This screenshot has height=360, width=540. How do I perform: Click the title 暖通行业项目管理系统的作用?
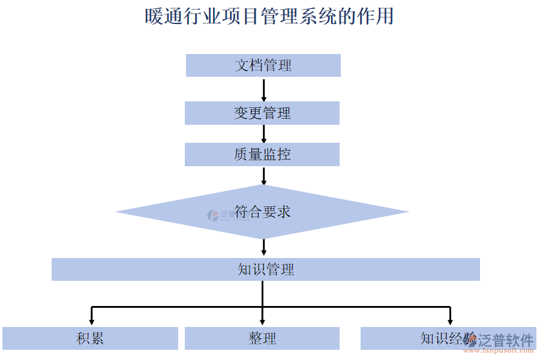269,16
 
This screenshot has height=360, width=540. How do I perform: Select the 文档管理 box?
263,65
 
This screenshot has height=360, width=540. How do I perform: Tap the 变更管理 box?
262,113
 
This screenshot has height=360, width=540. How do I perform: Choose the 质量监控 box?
262,154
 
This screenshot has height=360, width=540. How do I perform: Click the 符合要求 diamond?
262,212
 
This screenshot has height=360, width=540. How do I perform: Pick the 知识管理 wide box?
265,269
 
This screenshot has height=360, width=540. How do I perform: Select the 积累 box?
90,338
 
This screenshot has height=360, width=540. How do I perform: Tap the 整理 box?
262,338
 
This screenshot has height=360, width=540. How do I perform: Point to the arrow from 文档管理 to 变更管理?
263,89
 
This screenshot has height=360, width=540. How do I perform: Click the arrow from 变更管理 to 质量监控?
263,134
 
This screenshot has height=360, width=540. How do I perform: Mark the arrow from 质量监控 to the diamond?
263,175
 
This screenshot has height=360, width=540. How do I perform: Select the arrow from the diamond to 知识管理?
263,247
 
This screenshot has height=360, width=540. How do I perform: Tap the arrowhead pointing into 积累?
92,321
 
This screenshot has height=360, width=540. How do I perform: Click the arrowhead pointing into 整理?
262,321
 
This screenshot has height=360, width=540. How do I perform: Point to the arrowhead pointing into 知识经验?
450,321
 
